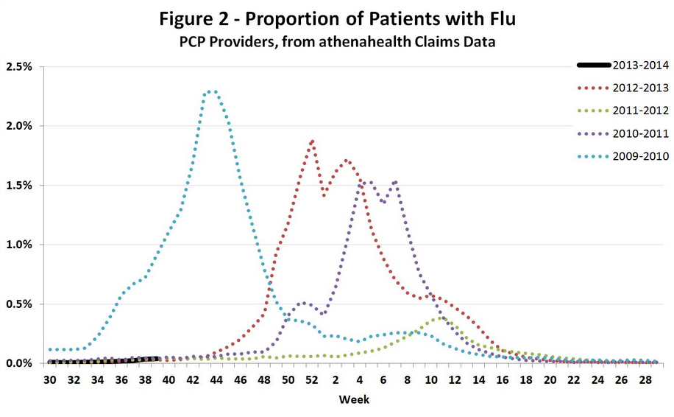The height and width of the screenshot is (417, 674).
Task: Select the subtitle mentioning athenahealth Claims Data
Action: (336, 43)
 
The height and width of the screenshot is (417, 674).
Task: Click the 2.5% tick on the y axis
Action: (20, 66)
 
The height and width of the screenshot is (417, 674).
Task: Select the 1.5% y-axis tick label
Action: (20, 185)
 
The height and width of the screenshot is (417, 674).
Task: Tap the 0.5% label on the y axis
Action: (20, 304)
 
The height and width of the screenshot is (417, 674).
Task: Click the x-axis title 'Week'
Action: (353, 399)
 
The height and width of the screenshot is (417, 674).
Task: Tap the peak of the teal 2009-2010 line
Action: (211, 91)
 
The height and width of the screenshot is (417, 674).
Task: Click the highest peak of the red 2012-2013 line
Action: (312, 141)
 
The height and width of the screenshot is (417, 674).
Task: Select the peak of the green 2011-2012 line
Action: (440, 318)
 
